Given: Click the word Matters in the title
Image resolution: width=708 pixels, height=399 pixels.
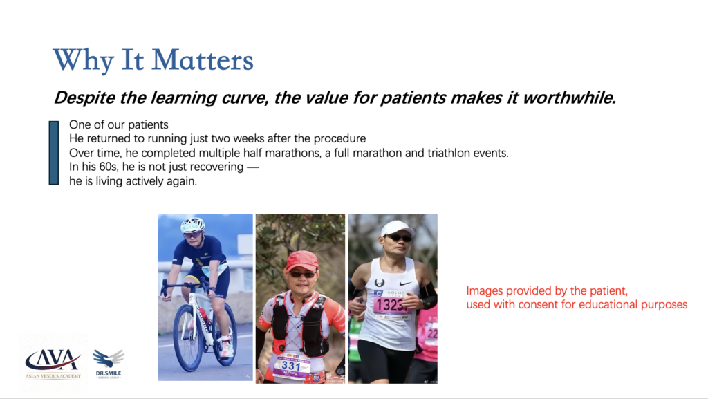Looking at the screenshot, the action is pos(203,60).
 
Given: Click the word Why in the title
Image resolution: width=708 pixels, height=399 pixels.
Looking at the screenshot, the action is pos(83,61).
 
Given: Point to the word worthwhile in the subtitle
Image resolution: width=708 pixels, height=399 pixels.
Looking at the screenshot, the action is pos(569,97).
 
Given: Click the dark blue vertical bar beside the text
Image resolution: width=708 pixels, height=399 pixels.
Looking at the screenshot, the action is pos(54,153).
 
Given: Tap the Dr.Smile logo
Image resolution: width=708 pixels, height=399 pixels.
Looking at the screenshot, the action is pos(109,364).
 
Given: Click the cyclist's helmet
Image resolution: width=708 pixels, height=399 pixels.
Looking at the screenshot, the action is pos(192,224).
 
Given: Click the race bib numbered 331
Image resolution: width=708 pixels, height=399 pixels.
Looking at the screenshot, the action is pos(291,366).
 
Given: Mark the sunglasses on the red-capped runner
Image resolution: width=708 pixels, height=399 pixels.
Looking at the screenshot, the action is pos(303,274).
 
